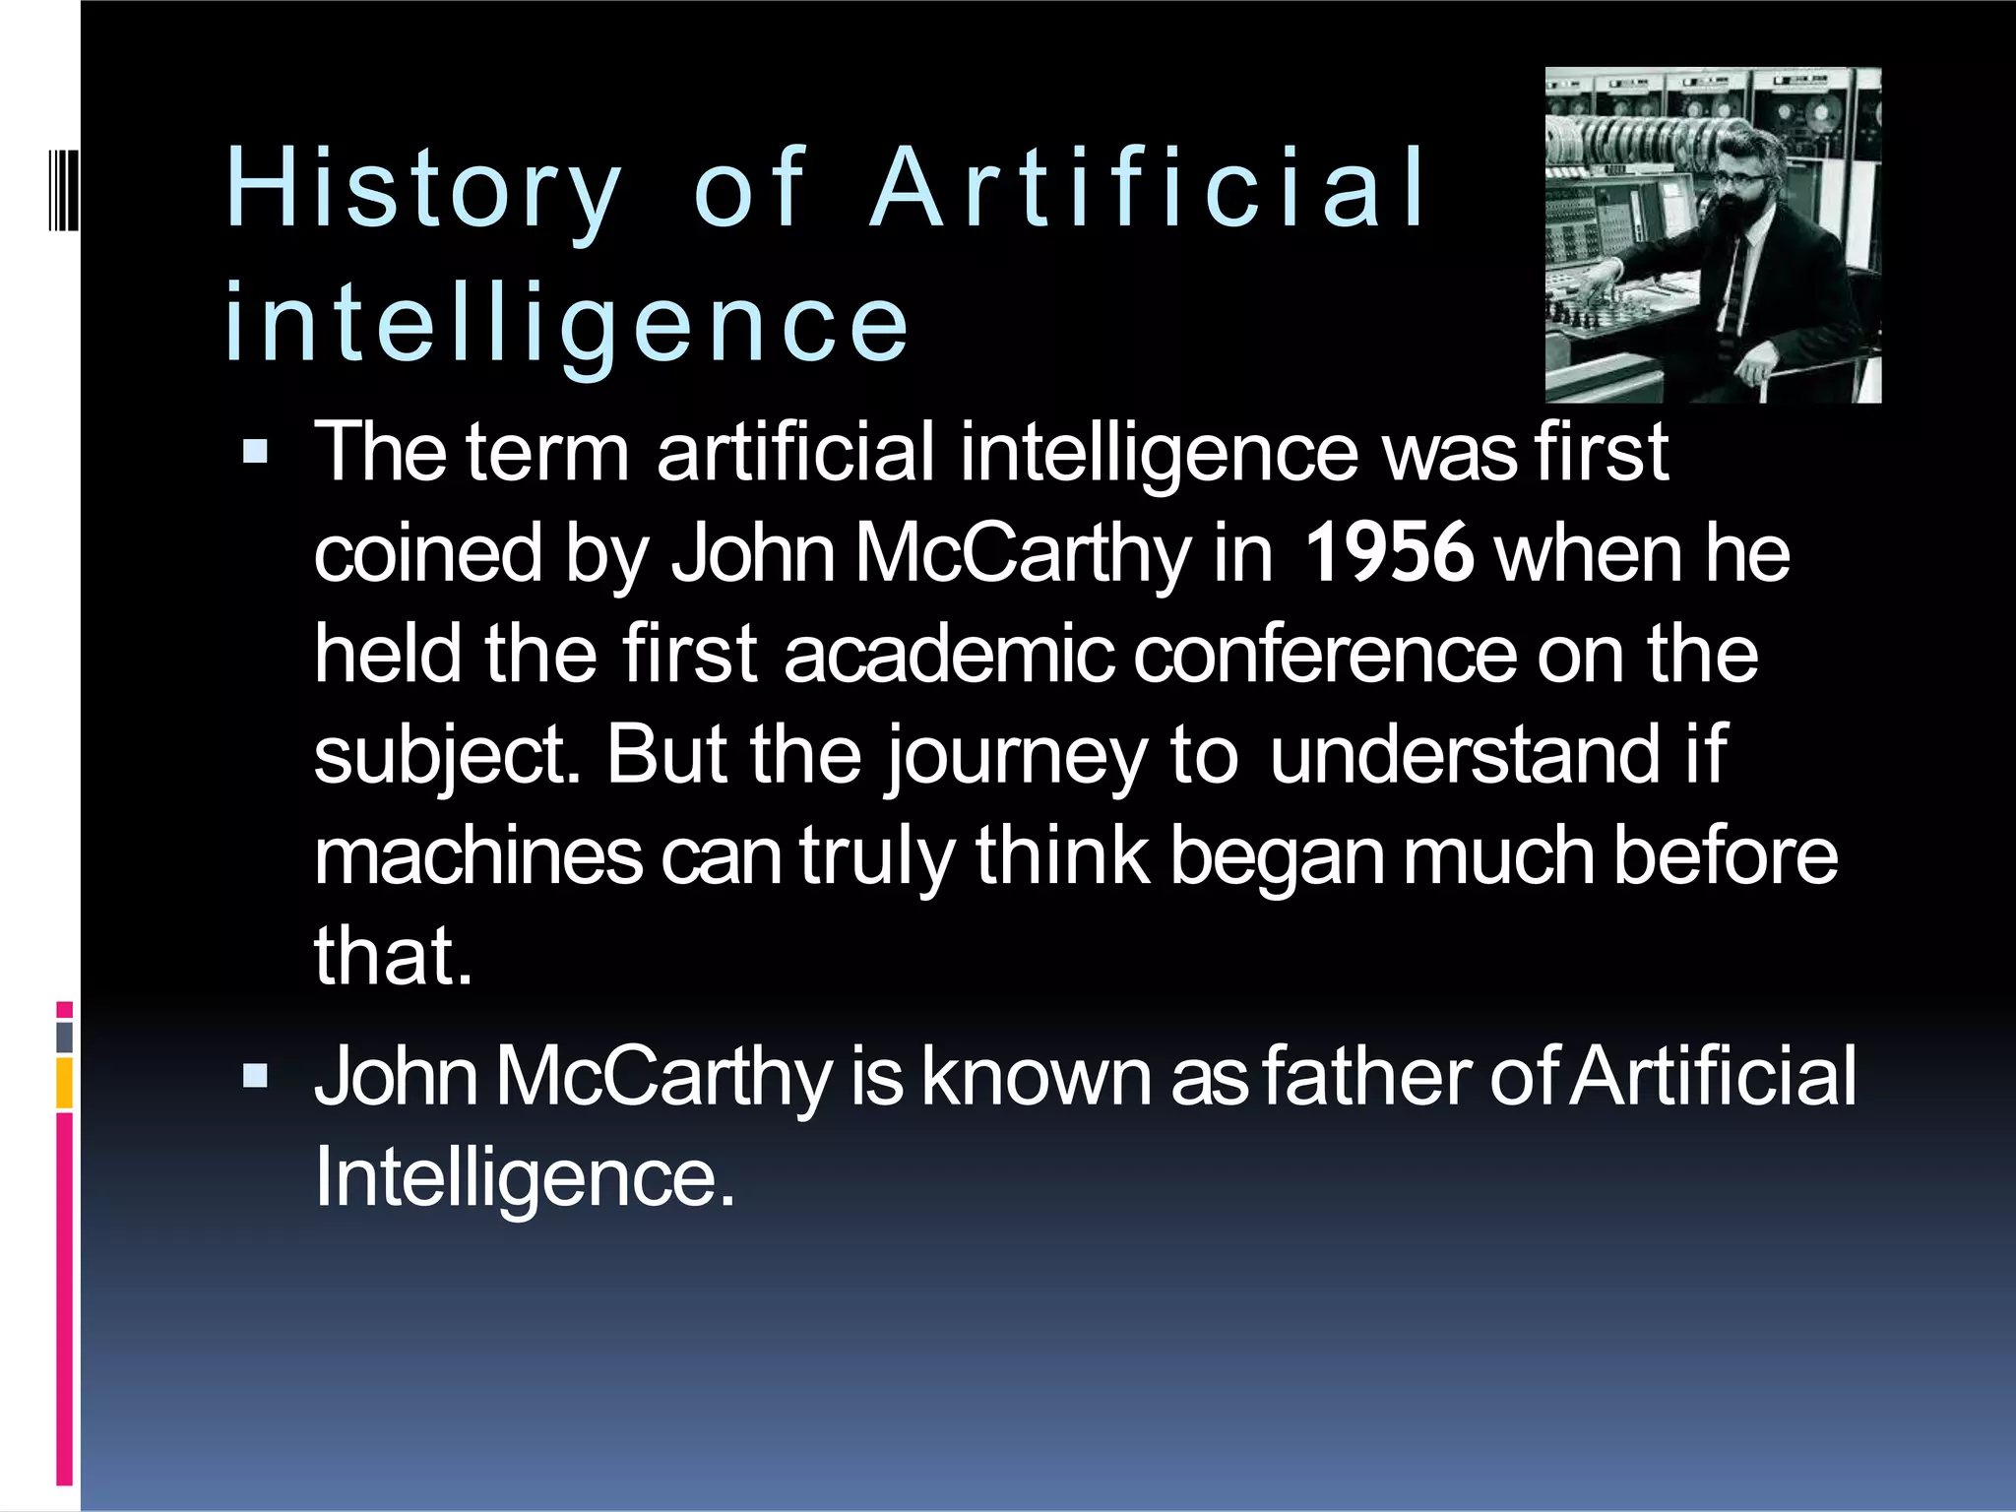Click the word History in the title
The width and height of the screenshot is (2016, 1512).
[x=424, y=189]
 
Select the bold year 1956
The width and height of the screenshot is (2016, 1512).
[x=1388, y=553]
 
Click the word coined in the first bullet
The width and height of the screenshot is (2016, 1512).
[x=428, y=553]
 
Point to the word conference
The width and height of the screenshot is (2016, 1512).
[x=1325, y=655]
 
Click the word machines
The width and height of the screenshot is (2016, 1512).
[x=478, y=856]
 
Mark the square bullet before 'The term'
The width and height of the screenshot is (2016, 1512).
[x=255, y=453]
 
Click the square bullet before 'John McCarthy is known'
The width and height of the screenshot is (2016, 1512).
[x=255, y=1076]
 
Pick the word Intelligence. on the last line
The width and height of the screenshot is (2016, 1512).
[x=525, y=1177]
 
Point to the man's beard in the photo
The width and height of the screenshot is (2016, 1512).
[x=1743, y=212]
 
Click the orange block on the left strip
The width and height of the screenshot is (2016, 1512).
[x=64, y=1083]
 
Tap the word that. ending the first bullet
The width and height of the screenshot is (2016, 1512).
[x=393, y=957]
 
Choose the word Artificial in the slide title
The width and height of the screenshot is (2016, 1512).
[x=1147, y=189]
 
